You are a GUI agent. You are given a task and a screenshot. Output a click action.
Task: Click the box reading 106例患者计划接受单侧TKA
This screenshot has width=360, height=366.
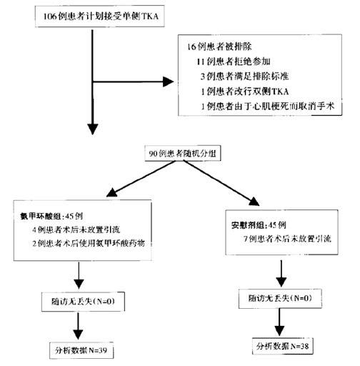[x=91, y=15]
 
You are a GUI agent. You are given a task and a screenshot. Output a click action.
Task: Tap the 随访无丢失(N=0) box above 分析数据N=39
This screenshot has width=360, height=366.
[x=82, y=303]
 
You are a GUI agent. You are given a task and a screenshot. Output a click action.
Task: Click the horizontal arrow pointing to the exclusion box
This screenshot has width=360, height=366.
[x=136, y=80]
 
